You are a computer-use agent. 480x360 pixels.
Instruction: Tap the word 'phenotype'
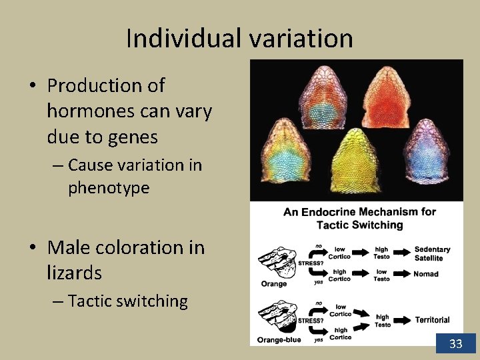pos(109,188)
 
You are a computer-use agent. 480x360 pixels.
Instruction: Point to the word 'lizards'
pos(74,273)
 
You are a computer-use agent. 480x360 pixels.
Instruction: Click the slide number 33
pos(456,344)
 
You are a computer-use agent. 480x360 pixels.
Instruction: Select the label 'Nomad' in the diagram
pos(425,274)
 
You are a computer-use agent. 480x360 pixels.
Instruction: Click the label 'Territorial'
pos(431,320)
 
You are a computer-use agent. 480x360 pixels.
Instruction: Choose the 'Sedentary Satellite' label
pos(431,253)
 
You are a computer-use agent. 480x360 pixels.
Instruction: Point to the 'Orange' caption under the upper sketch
pos(274,283)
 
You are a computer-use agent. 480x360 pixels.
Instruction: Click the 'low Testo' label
pos(381,275)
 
